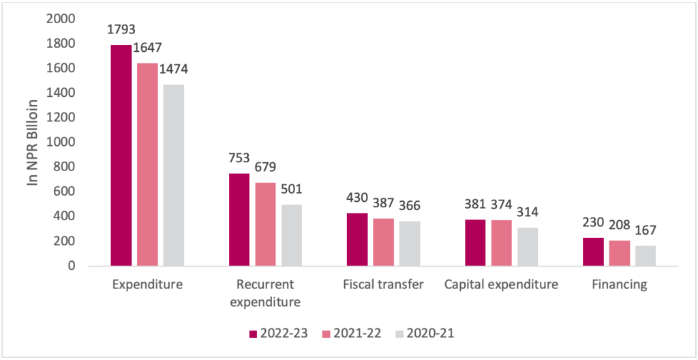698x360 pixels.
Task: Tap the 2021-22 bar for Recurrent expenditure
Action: (x=265, y=224)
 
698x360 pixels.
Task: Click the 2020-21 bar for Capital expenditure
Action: (x=527, y=246)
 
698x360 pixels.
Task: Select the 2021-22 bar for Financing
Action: (x=619, y=253)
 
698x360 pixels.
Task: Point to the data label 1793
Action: (x=121, y=30)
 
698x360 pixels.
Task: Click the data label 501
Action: (x=292, y=189)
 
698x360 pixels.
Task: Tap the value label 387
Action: (x=383, y=204)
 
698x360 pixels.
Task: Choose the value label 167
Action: (x=645, y=231)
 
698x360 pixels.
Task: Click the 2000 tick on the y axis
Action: (x=59, y=18)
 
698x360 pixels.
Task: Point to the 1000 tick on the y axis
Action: (x=59, y=142)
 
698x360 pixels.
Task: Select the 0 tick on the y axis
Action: (x=70, y=266)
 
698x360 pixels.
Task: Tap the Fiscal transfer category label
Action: (x=383, y=285)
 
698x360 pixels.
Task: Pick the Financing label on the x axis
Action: (x=619, y=285)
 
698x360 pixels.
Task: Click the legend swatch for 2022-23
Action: (x=254, y=333)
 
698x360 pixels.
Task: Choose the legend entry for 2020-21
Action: (x=430, y=333)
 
